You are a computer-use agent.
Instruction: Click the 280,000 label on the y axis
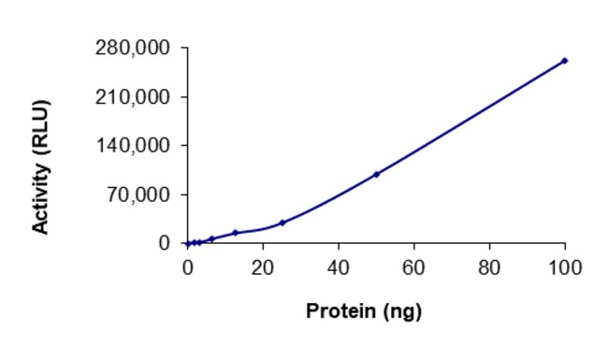tap(133, 48)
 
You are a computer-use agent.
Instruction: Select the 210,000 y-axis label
tap(133, 97)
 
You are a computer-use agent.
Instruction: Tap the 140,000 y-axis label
tap(133, 146)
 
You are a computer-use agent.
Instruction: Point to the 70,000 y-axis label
tap(138, 194)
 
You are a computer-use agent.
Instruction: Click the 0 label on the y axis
tap(165, 243)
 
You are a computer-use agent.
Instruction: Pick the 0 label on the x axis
tap(188, 267)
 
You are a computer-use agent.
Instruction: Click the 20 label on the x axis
tap(263, 267)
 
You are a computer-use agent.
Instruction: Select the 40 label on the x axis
tap(338, 267)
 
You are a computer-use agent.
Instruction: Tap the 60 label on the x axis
tap(413, 267)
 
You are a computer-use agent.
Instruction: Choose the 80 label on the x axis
tap(489, 267)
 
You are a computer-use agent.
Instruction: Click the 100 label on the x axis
tap(565, 267)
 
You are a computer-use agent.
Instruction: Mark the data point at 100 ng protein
tap(565, 61)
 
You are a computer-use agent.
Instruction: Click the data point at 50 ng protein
tap(377, 174)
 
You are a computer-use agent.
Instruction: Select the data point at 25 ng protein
tap(282, 223)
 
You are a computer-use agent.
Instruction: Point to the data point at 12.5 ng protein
tap(235, 233)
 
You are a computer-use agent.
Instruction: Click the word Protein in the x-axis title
tap(341, 310)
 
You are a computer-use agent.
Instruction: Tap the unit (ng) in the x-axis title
tap(402, 312)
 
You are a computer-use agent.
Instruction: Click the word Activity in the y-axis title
tap(41, 199)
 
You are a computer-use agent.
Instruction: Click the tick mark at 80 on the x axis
tap(490, 247)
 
